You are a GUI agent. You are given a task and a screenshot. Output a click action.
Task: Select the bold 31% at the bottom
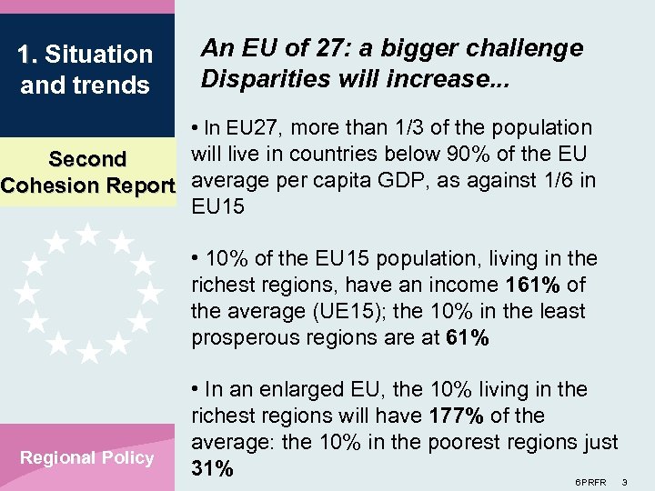click(x=213, y=469)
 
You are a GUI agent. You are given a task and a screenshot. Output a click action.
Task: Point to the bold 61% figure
click(x=468, y=338)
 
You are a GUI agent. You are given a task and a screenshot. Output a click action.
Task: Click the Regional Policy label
click(x=87, y=457)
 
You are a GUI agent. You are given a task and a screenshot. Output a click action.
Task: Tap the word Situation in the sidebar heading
click(x=98, y=55)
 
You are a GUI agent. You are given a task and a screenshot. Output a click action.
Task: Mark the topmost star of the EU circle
click(x=88, y=235)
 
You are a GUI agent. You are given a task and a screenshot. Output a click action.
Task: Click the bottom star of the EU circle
click(x=88, y=352)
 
